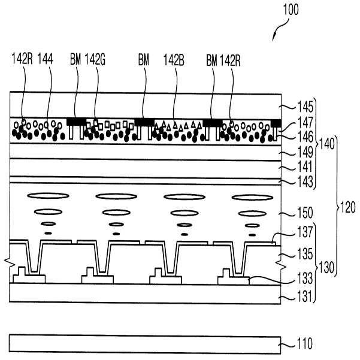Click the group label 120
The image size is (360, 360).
pos(347,208)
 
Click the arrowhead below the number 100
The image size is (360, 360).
pos(273,40)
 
